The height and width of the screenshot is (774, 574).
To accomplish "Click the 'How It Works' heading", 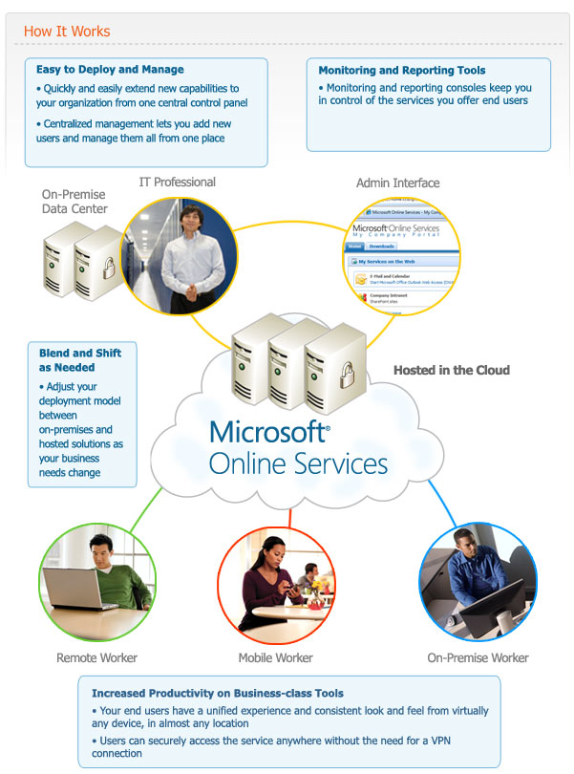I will click(x=67, y=32).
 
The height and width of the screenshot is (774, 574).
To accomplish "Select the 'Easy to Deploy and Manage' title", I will click(x=110, y=70).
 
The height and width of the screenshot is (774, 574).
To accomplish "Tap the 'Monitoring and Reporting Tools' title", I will click(x=401, y=71).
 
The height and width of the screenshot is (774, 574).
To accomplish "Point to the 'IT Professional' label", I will click(x=178, y=183).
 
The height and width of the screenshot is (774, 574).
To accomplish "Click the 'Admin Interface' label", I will click(x=397, y=183).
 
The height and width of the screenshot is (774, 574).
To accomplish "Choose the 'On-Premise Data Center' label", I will click(x=74, y=202).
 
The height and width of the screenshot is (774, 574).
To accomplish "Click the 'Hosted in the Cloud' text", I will click(x=452, y=371).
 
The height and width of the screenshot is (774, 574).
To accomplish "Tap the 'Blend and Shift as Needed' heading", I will click(x=80, y=359).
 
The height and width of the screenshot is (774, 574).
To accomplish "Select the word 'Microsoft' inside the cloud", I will click(x=269, y=433).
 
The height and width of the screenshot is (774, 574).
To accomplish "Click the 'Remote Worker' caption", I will click(x=96, y=657).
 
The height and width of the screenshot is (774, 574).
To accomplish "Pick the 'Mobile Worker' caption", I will click(x=276, y=657).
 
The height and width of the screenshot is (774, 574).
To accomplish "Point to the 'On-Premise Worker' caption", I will click(x=478, y=657).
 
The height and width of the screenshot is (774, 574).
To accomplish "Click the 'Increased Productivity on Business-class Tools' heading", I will click(x=217, y=693).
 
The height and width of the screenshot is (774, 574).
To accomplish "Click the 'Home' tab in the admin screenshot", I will click(x=356, y=246).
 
